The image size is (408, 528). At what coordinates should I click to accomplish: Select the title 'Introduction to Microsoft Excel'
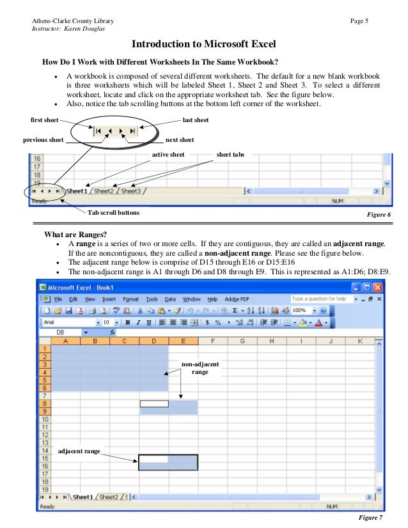[203, 44]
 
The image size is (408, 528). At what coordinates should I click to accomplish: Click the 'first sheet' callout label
[45, 120]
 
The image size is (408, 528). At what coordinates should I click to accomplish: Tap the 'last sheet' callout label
[195, 120]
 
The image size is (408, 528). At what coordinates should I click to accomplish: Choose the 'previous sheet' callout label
[43, 139]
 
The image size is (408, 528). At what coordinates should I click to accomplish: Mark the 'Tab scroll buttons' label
[113, 212]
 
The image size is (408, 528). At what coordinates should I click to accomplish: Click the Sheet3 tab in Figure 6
[131, 190]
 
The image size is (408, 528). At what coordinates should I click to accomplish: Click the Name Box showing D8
[60, 332]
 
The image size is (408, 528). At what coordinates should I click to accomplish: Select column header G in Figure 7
[242, 341]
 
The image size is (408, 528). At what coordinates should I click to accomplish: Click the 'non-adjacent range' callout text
[200, 368]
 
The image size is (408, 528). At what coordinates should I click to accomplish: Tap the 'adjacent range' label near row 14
[79, 451]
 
